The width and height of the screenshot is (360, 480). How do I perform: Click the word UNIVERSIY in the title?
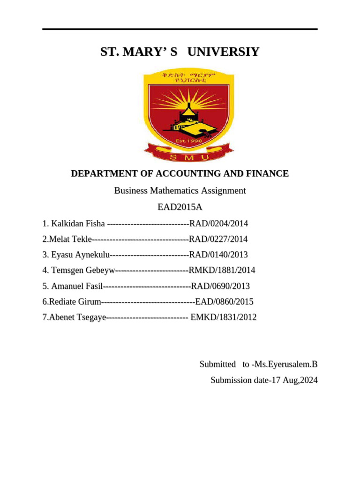pyautogui.click(x=223, y=52)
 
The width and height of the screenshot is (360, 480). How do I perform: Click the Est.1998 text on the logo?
pyautogui.click(x=188, y=140)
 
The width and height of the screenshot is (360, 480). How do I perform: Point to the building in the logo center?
pyautogui.click(x=190, y=118)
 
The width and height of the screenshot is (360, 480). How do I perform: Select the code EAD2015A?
pyautogui.click(x=180, y=207)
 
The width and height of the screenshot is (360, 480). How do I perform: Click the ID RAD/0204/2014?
pyautogui.click(x=218, y=224)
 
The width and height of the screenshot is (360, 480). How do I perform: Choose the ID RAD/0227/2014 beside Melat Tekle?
pyautogui.click(x=218, y=240)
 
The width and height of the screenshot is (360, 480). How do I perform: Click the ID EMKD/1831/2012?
pyautogui.click(x=224, y=317)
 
